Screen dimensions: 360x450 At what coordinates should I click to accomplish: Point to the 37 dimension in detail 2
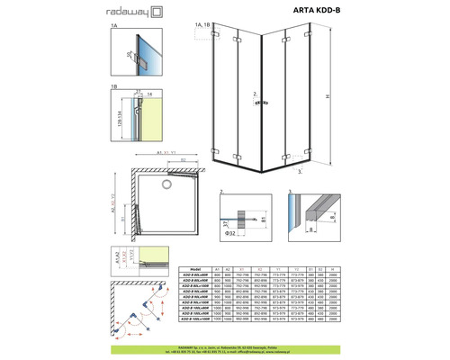[x=226, y=223]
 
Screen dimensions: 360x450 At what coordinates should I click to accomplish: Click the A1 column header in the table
[x=217, y=268]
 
